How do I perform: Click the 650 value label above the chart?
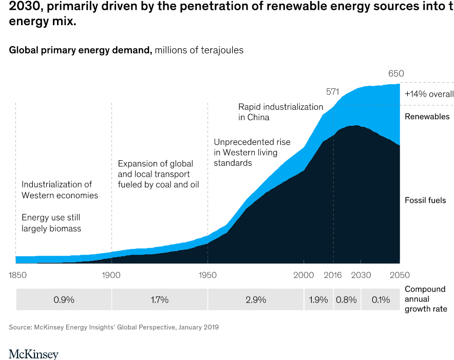pyautogui.click(x=396, y=74)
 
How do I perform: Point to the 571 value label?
pyautogui.click(x=333, y=92)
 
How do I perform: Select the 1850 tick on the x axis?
pyautogui.click(x=17, y=275)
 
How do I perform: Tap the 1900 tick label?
pyautogui.click(x=111, y=275)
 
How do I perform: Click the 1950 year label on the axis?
pyautogui.click(x=207, y=275)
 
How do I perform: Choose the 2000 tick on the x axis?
pyautogui.click(x=304, y=275)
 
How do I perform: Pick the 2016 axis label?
pyautogui.click(x=333, y=275)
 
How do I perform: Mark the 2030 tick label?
pyautogui.click(x=361, y=275)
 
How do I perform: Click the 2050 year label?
pyautogui.click(x=399, y=275)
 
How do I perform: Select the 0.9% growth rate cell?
pyautogui.click(x=64, y=300)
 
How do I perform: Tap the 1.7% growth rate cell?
pyautogui.click(x=159, y=300)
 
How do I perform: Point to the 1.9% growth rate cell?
pyautogui.click(x=318, y=300)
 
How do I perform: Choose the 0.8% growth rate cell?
pyautogui.click(x=347, y=300)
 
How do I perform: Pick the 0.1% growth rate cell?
pyautogui.click(x=381, y=300)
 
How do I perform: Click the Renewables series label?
pyautogui.click(x=427, y=117)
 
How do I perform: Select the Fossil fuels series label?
pyautogui.click(x=425, y=200)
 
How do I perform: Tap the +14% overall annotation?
pyautogui.click(x=429, y=94)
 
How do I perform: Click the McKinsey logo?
pyautogui.click(x=33, y=354)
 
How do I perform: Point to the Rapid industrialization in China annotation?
pyautogui.click(x=280, y=112)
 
